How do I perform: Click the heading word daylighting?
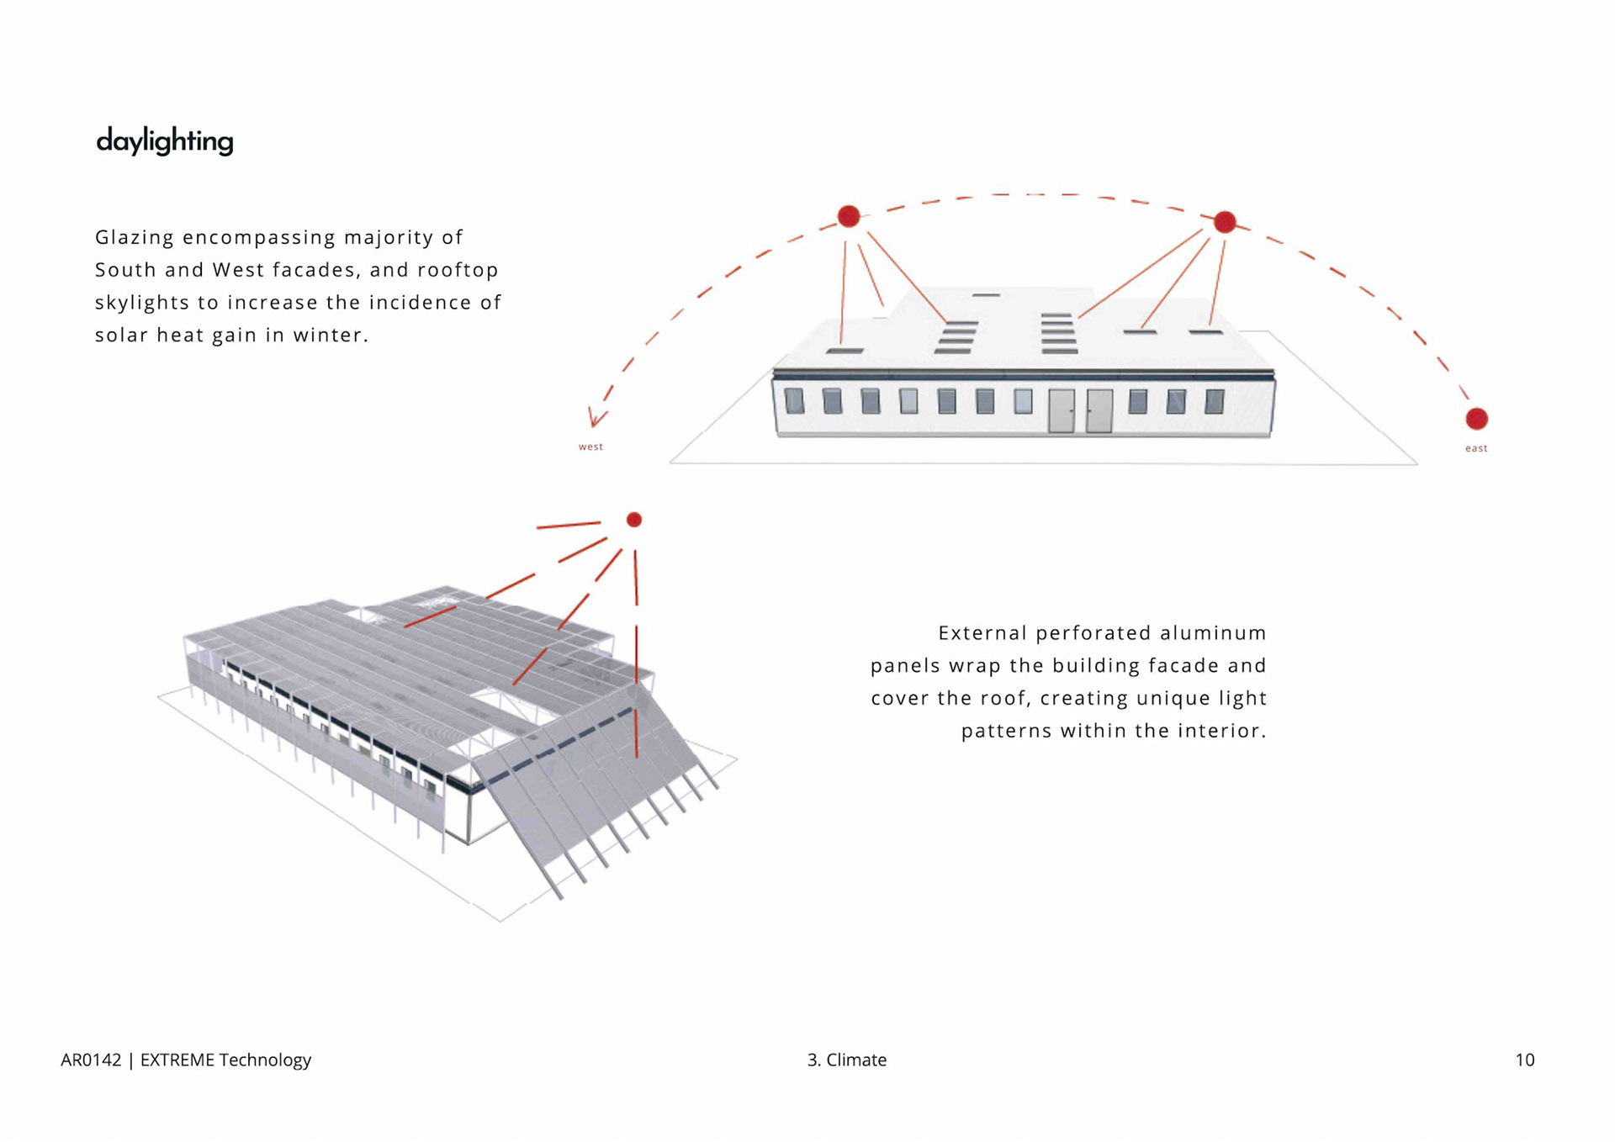165,141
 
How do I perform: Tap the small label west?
590,447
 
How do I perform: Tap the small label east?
1476,448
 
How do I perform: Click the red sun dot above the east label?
1476,419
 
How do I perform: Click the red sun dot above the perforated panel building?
634,520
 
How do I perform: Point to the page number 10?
1525,1060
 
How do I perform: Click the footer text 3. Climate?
846,1060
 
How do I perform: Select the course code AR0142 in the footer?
91,1060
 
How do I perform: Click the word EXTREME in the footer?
177,1060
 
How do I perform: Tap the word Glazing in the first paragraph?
135,237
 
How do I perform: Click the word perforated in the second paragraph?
1093,633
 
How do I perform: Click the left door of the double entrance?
1062,411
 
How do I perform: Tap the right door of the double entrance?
1099,411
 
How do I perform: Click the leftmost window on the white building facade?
794,401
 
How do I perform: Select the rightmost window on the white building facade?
1214,402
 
